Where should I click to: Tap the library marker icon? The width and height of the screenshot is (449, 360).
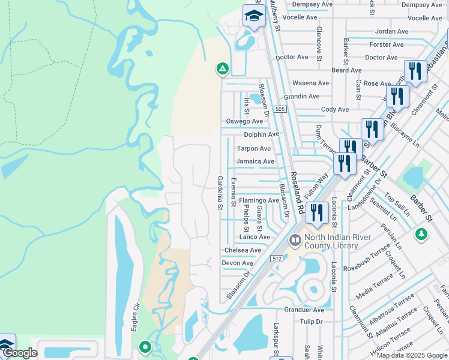point(295,241)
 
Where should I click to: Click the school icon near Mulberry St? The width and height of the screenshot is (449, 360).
point(254,17)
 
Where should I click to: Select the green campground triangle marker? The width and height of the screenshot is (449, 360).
point(223,70)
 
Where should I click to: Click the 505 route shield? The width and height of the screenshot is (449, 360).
point(280,109)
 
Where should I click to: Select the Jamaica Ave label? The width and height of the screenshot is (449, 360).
point(255,161)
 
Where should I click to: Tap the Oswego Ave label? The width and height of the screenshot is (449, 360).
point(244,121)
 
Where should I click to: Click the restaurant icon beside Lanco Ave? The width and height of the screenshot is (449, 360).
point(316,212)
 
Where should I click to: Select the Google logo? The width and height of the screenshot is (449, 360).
point(19,353)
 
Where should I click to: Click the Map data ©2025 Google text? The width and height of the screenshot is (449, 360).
point(412,355)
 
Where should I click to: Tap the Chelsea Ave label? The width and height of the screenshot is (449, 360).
point(243,250)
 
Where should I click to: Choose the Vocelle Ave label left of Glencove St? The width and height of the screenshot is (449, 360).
point(300,17)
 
